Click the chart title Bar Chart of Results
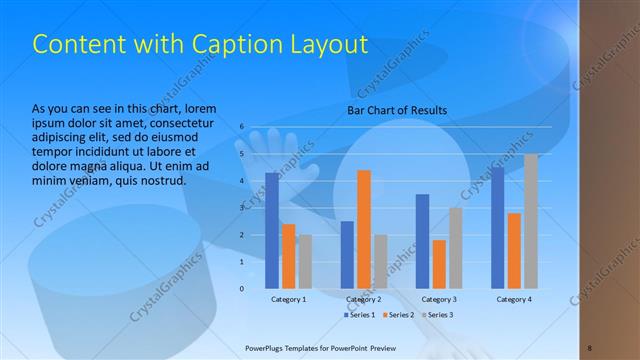tap(397, 110)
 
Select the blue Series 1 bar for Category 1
tap(272, 231)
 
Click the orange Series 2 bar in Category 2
tap(363, 230)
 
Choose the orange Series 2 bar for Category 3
tap(438, 264)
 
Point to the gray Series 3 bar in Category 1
tap(304, 262)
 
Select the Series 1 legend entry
tap(361, 315)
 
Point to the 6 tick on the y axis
tap(242, 127)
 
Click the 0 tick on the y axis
tap(242, 289)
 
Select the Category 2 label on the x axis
tap(363, 299)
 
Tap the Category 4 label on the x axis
tap(514, 299)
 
